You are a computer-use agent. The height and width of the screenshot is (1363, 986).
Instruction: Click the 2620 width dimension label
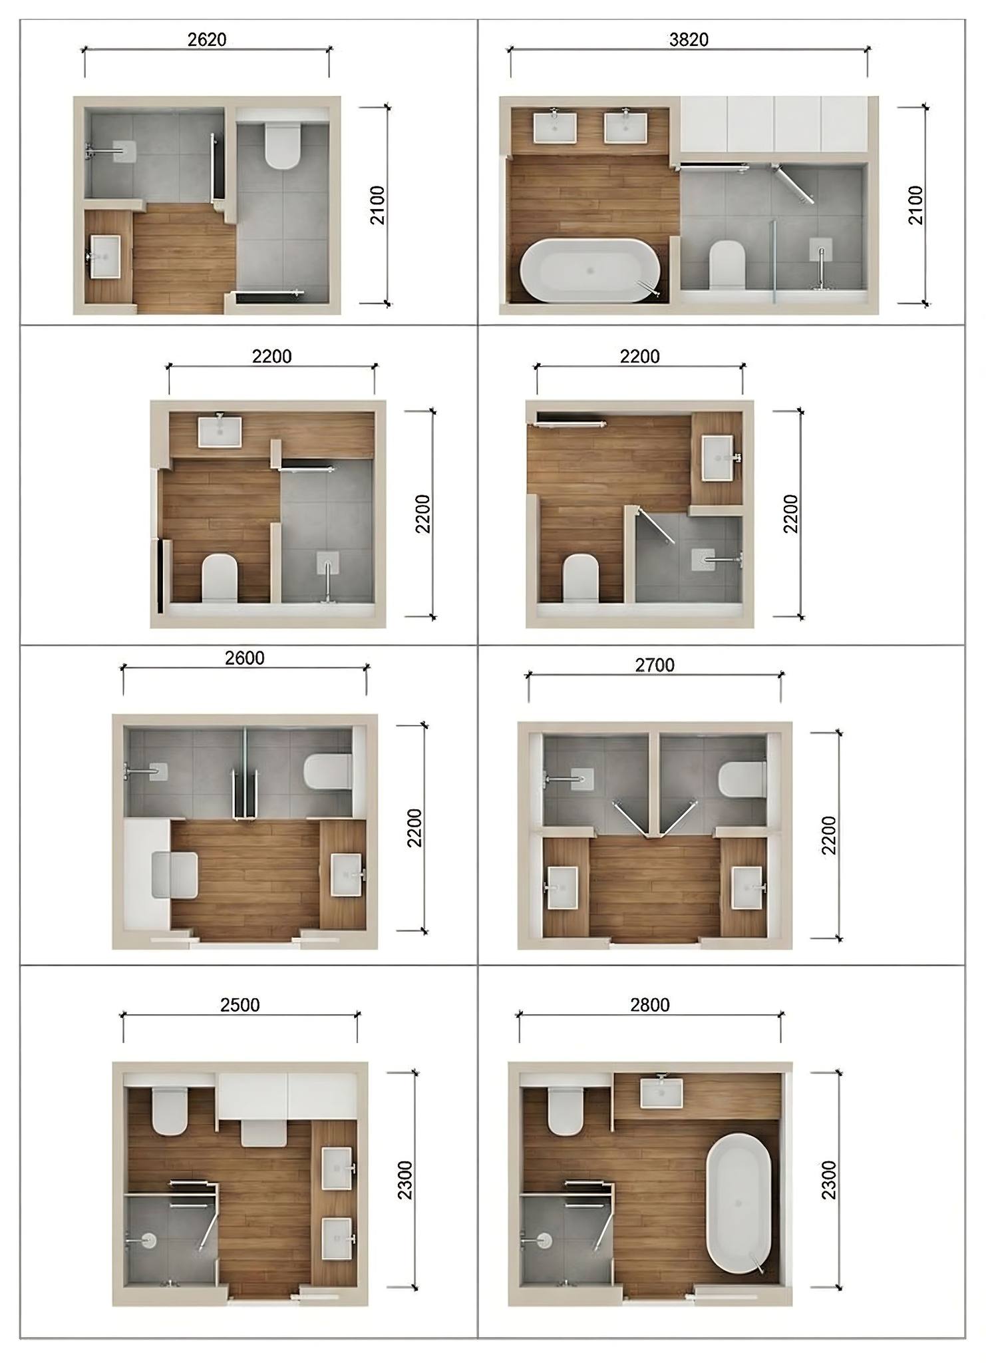point(207,40)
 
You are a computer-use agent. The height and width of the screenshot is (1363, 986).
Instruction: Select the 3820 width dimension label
point(689,40)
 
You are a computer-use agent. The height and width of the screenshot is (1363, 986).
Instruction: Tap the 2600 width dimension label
point(244,658)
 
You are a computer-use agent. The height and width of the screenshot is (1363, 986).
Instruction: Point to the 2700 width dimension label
point(655,665)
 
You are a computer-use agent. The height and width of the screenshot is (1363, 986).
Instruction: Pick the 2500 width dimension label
point(240,1004)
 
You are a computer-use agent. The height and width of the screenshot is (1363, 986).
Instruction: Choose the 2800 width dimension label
point(650,1004)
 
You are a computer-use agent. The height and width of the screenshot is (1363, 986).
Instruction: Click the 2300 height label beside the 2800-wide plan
point(828,1180)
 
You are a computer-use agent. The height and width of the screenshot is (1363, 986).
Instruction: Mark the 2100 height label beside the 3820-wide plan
point(915,205)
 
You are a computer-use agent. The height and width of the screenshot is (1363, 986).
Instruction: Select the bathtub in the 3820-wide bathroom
point(590,271)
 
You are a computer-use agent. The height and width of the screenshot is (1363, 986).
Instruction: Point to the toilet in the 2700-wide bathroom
point(742,779)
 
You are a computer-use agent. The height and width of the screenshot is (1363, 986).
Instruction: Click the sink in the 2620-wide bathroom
point(104,256)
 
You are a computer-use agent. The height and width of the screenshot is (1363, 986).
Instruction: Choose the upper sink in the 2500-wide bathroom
point(338,1168)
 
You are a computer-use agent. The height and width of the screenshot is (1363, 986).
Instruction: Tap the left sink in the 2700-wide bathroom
point(562,887)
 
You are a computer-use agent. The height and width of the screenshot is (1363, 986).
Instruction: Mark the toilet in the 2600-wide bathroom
point(327,772)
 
